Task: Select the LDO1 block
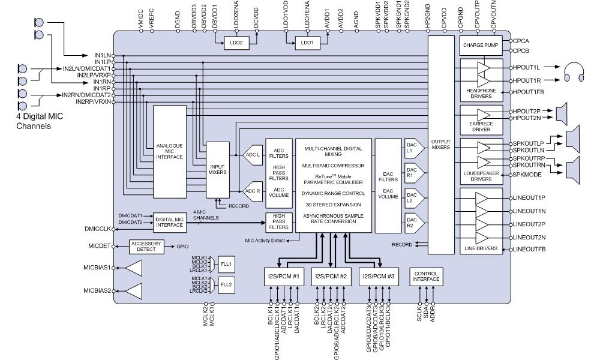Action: [307, 42]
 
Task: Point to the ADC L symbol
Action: [252, 155]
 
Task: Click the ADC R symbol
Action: [252, 191]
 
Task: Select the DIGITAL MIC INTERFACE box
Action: [170, 223]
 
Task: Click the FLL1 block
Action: [226, 264]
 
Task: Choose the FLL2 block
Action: [226, 284]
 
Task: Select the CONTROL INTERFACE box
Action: [426, 276]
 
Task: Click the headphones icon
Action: [575, 73]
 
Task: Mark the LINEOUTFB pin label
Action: [532, 248]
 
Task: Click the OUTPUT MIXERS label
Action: [440, 145]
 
